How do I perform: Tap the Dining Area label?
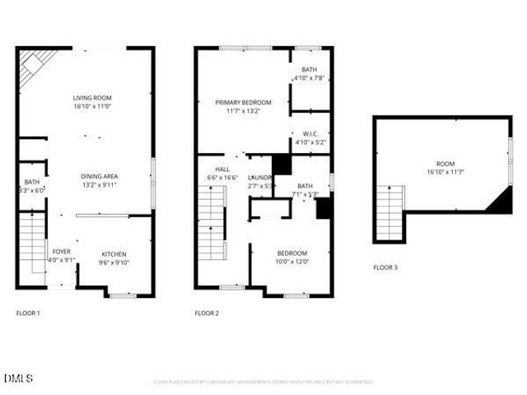(x=99, y=175)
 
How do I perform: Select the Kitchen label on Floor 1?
(x=114, y=253)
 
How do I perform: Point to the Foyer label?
(x=61, y=251)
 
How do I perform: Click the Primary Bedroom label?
(x=242, y=102)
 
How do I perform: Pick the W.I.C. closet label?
(x=310, y=133)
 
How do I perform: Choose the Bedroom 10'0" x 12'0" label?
(x=291, y=253)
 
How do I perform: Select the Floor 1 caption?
(x=28, y=314)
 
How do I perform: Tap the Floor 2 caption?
(x=207, y=314)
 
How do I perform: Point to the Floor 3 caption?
(x=385, y=267)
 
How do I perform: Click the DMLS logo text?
(x=18, y=379)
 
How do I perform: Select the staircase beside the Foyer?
(x=31, y=247)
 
